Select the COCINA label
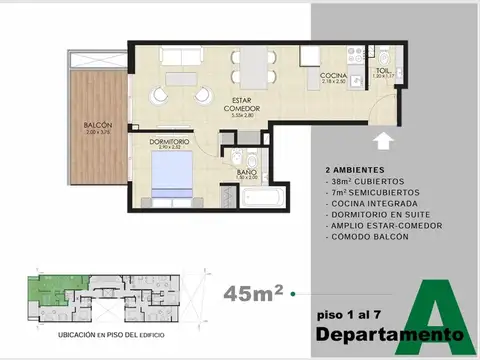pyautogui.click(x=333, y=76)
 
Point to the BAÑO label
pyautogui.click(x=246, y=172)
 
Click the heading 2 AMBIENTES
pyautogui.click(x=355, y=170)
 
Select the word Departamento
pyautogui.click(x=389, y=333)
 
